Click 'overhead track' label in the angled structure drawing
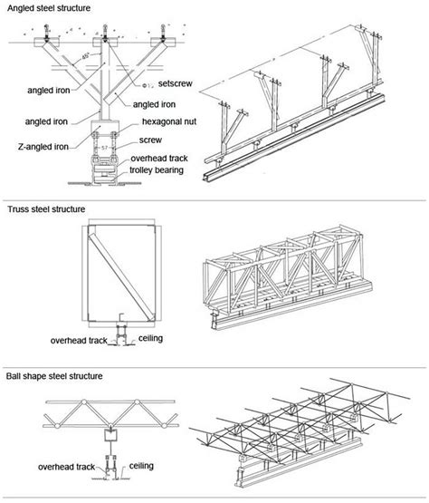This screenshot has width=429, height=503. (165, 157)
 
